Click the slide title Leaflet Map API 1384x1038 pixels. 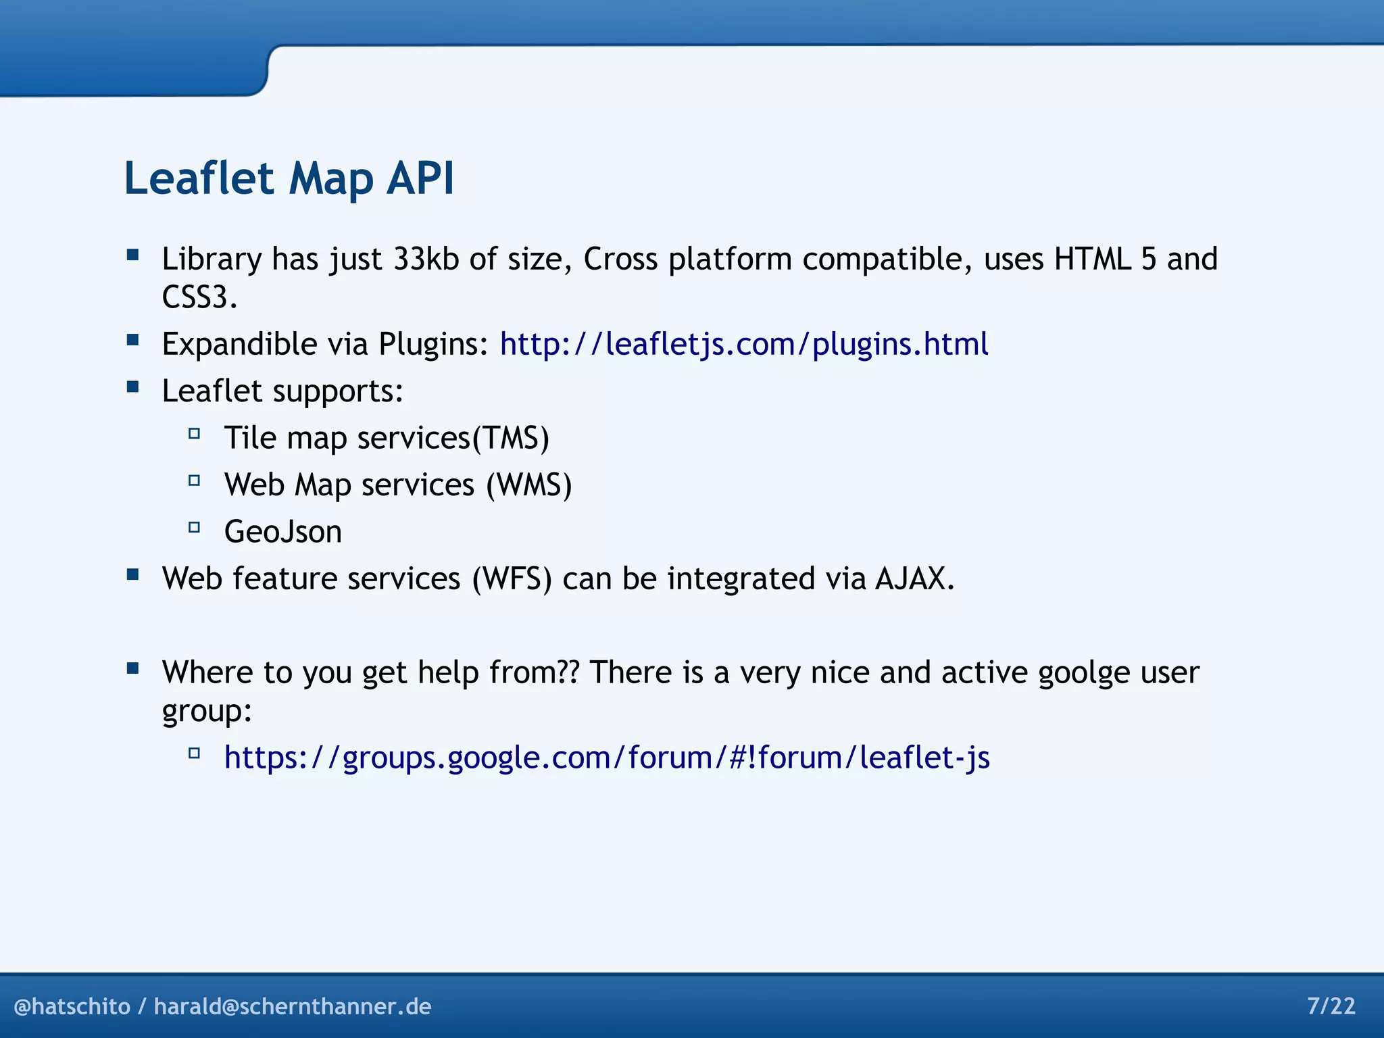[x=289, y=178]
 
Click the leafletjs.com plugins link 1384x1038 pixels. [x=743, y=344]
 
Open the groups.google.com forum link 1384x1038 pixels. [x=606, y=758]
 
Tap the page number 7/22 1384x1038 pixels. [x=1331, y=1006]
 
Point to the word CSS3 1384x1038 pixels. [x=198, y=297]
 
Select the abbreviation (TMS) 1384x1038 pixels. [x=510, y=438]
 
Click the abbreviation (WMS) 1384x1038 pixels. [x=529, y=485]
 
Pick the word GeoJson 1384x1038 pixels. [x=282, y=532]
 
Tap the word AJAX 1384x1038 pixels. [x=914, y=579]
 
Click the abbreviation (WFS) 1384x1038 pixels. [x=512, y=579]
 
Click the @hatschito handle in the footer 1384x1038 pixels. [x=72, y=1006]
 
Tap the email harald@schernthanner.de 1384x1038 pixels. [x=292, y=1006]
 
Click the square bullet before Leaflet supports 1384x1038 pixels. [x=132, y=387]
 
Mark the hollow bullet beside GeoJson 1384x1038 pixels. [x=194, y=527]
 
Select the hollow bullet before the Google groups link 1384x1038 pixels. [x=194, y=753]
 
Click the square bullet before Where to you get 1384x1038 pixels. [x=132, y=669]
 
